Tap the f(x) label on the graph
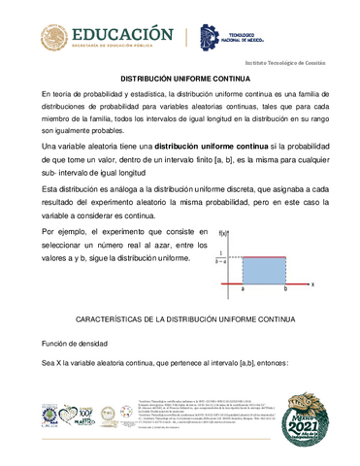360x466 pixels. (x=224, y=232)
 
